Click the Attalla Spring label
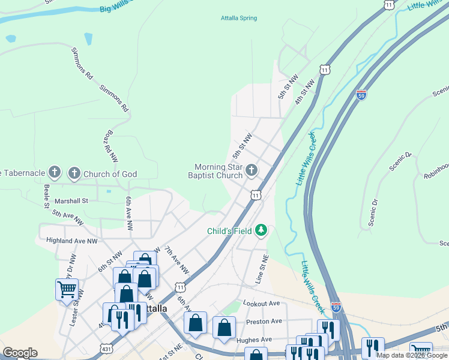pos(238,18)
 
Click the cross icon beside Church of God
pos(74,174)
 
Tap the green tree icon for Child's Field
pos(261,230)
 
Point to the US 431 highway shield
pos(107,349)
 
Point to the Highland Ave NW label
pos(71,241)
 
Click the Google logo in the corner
pos(19,353)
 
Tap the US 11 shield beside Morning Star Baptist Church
pos(256,196)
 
